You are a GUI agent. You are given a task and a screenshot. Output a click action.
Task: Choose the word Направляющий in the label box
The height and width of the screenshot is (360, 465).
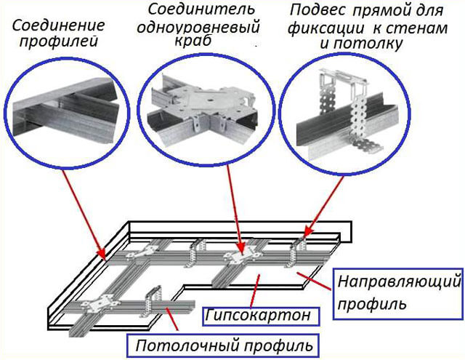[400, 279]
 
